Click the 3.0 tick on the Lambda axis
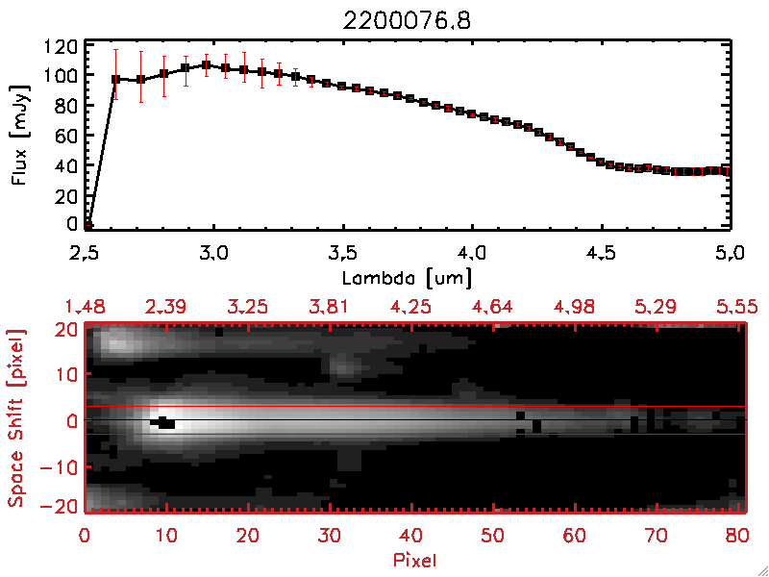213,254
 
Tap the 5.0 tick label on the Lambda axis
729,254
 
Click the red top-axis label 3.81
331,307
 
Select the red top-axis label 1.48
85,307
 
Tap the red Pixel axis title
415,558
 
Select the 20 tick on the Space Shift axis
64,328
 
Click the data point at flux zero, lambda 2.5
87,226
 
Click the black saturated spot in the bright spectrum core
163,422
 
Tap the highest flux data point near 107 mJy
206,65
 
